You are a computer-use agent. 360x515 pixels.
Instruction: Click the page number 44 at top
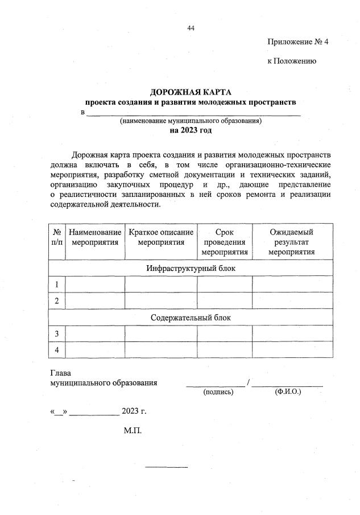pos(191,28)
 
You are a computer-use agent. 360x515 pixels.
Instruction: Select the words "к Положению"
pos(292,61)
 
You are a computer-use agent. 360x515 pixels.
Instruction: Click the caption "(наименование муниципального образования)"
pos(191,121)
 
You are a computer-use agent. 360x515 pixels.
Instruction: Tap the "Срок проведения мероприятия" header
pos(225,242)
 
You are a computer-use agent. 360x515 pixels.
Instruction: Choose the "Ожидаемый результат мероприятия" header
pos(292,242)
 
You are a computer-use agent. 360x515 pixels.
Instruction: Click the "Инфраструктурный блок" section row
pos(191,268)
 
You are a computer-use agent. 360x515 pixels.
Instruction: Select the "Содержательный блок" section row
pos(191,318)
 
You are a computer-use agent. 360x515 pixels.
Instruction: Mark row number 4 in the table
pos(57,350)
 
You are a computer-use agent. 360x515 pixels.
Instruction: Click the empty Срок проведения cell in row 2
pos(225,300)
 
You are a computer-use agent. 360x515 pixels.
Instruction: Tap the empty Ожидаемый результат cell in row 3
pos(292,333)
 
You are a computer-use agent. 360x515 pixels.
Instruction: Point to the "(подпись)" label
pos(218,392)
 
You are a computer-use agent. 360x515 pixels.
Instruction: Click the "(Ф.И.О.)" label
pos(288,392)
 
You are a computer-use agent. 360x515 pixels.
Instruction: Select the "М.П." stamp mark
pos(133,430)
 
